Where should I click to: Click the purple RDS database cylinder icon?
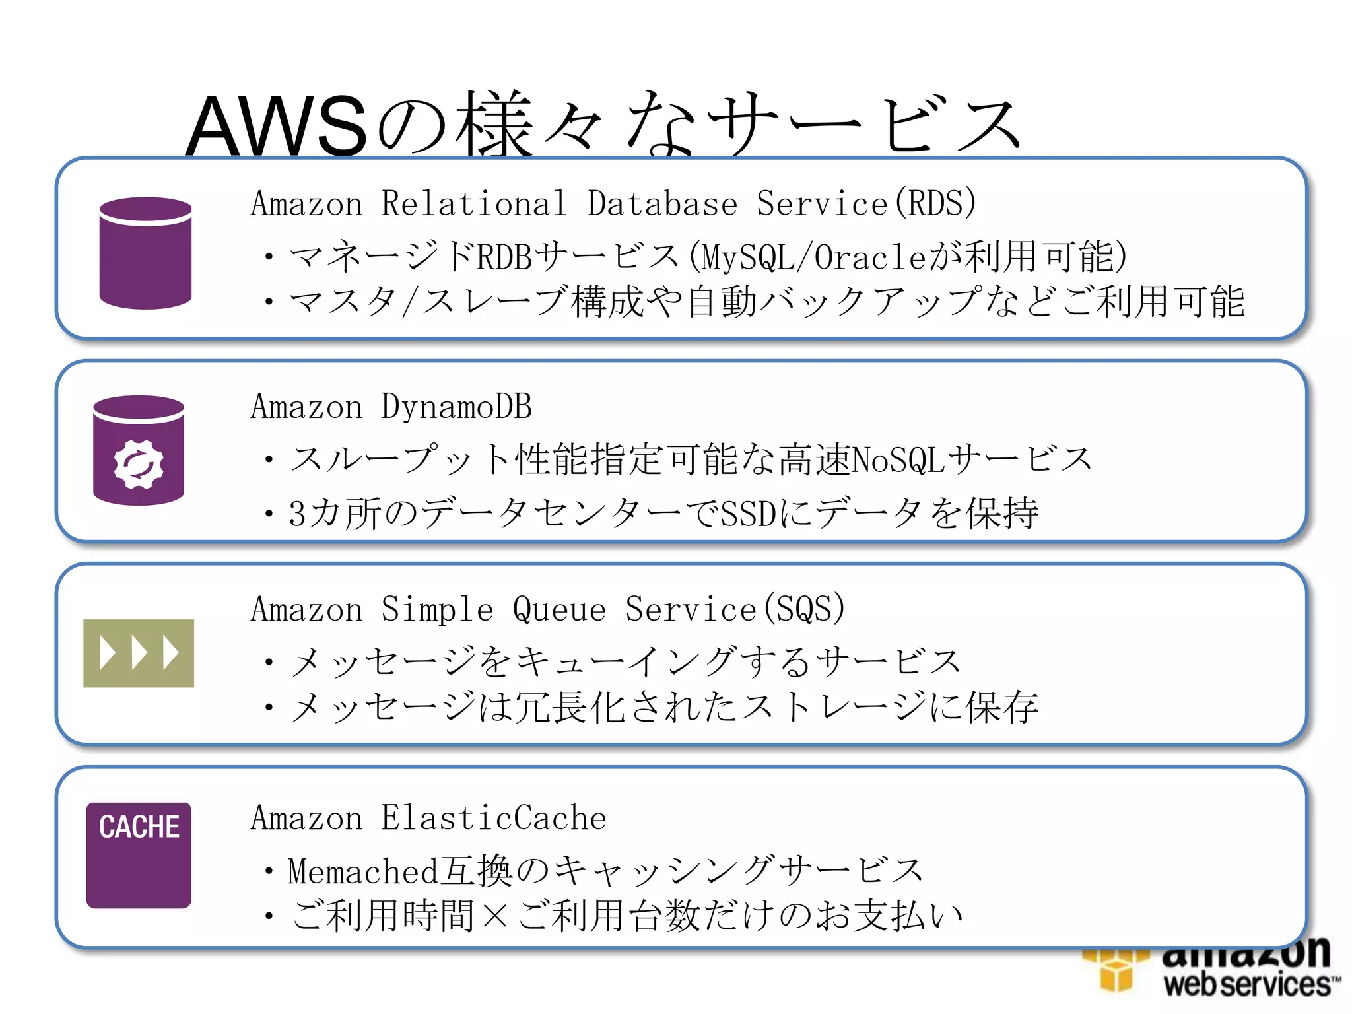click(x=145, y=253)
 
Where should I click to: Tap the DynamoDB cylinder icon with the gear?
click(x=139, y=450)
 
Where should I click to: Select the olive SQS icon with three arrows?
click(x=139, y=653)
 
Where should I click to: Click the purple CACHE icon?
click(x=139, y=855)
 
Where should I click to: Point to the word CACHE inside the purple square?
click(x=139, y=827)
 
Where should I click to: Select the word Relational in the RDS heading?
click(x=474, y=203)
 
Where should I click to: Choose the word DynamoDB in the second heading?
click(x=457, y=407)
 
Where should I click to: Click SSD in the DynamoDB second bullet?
click(x=748, y=514)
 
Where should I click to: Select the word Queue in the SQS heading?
click(x=559, y=609)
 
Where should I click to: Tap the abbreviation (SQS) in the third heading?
click(x=803, y=609)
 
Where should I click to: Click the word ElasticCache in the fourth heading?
click(x=494, y=819)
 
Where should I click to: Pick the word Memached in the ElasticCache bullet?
click(x=363, y=871)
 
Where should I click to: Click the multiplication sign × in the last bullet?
click(x=494, y=916)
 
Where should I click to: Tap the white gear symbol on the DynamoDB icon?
click(x=139, y=465)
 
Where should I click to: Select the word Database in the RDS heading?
click(x=662, y=203)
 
